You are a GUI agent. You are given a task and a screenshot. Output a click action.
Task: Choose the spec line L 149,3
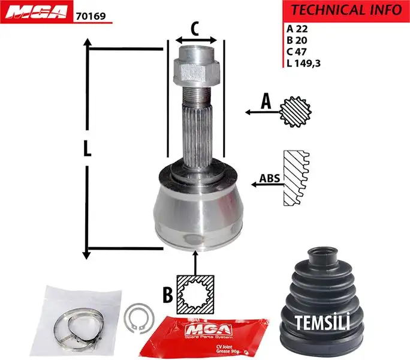tap(303, 63)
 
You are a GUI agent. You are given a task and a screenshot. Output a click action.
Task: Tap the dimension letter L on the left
tap(88, 149)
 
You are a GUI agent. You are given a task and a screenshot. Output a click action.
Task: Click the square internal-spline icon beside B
tap(195, 293)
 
